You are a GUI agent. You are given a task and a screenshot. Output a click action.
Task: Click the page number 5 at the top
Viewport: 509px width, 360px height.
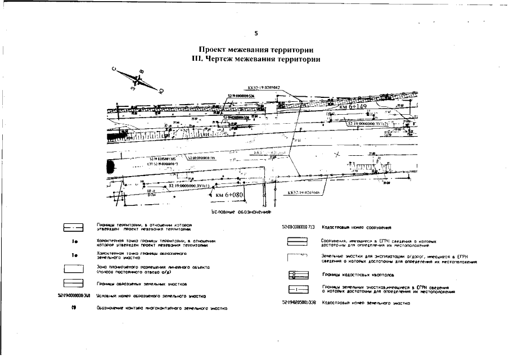[x=255, y=33]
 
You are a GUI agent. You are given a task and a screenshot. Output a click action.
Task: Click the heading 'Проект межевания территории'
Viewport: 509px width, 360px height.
[x=255, y=50]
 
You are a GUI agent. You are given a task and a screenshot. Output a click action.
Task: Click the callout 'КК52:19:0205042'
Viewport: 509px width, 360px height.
[x=263, y=88]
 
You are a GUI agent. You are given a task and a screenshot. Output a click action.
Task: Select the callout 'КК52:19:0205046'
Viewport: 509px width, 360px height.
[x=303, y=192]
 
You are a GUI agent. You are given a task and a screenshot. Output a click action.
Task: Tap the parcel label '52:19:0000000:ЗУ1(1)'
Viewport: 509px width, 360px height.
[x=188, y=185]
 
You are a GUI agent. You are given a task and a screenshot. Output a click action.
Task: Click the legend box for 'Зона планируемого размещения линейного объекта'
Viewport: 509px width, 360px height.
[x=73, y=268]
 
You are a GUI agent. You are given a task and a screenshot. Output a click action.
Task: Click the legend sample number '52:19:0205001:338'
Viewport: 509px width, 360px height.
[x=298, y=303]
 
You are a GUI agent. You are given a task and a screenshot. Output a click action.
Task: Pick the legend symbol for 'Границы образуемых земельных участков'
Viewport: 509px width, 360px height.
[x=73, y=283]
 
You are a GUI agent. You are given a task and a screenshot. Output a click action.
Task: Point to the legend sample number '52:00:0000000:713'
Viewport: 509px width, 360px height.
[x=298, y=228]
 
